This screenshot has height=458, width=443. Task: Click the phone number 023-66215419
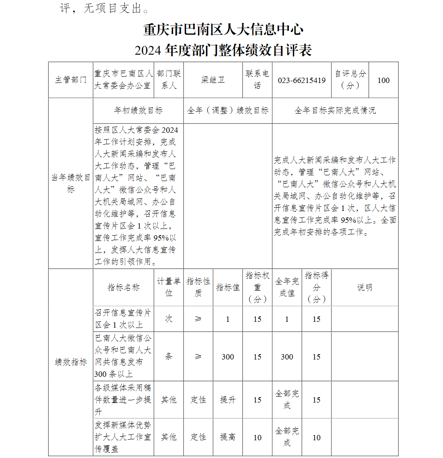302,80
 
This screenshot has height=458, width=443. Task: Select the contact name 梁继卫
213,80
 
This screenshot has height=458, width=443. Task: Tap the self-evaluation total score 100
384,80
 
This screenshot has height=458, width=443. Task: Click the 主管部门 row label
71,80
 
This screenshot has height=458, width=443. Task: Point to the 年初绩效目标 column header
138,111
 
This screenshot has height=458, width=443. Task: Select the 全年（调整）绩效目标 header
228,111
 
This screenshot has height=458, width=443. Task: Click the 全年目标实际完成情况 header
335,111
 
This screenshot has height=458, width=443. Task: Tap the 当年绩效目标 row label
71,183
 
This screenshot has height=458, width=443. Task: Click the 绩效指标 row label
71,362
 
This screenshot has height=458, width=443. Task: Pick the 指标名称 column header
124,288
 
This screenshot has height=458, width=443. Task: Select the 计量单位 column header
169,287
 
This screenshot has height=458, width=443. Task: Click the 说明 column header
365,288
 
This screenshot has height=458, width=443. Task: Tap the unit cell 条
169,356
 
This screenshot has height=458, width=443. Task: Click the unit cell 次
169,319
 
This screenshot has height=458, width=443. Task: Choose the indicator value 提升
228,400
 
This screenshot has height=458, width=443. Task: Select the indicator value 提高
228,437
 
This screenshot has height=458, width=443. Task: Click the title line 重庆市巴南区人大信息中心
223,30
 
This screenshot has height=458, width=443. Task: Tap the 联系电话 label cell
257,79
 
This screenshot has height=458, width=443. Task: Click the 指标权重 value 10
257,438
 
